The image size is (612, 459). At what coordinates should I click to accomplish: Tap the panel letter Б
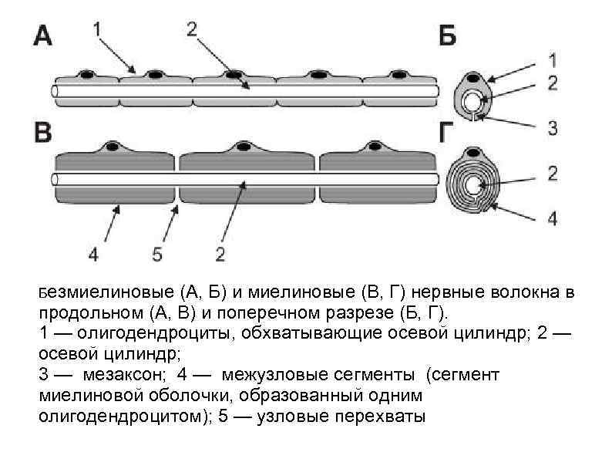click(x=447, y=36)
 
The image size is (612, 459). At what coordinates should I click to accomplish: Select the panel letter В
click(x=43, y=132)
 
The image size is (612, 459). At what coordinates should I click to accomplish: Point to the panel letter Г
click(x=448, y=133)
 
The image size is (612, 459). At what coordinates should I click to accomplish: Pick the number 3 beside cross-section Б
click(x=552, y=127)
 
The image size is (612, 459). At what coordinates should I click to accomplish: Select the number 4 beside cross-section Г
click(x=552, y=218)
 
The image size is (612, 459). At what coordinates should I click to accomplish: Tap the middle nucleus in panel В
click(x=244, y=146)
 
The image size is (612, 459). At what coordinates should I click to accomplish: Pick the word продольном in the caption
click(x=85, y=314)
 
